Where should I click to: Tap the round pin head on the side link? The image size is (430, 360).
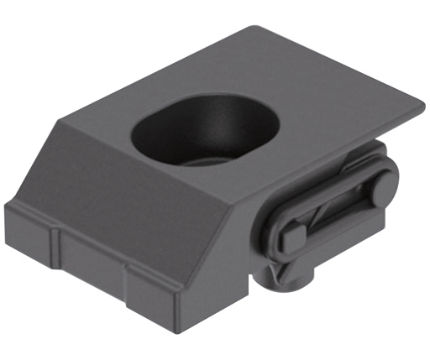coord(384,186)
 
